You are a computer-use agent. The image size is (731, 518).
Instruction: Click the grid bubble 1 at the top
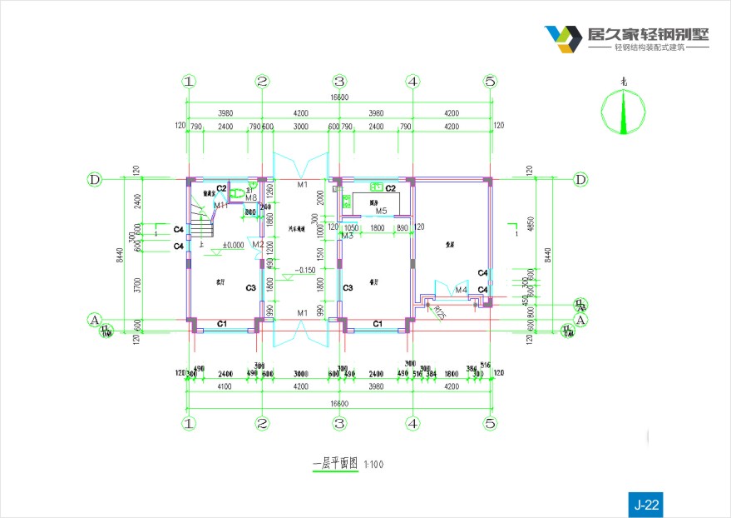click(x=190, y=82)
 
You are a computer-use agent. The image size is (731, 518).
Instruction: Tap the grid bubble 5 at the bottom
click(x=490, y=423)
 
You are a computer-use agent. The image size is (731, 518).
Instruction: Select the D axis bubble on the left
click(x=95, y=179)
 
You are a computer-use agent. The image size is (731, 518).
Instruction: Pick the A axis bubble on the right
click(x=580, y=319)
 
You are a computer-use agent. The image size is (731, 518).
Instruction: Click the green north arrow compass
click(x=624, y=112)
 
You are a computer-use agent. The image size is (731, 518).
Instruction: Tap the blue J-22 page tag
click(x=646, y=504)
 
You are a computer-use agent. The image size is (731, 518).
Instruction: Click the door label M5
click(x=381, y=211)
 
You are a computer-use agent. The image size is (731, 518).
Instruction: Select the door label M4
click(x=461, y=289)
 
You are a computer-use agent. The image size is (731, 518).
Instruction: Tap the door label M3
click(x=348, y=236)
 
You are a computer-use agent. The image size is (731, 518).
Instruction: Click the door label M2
click(x=258, y=244)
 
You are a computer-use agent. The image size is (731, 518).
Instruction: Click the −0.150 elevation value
click(x=304, y=270)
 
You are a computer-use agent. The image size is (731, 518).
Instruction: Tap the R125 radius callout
click(x=439, y=312)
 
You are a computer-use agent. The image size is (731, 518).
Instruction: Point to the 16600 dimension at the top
click(x=339, y=97)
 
